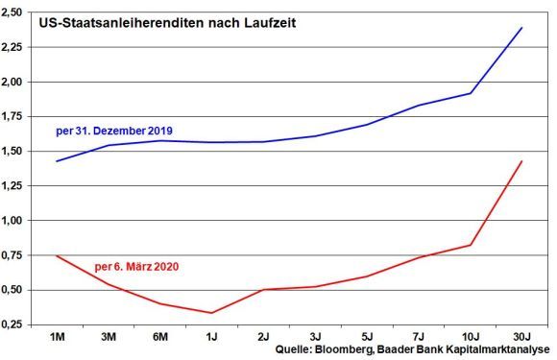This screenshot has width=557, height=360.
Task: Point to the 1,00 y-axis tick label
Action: coord(16,221)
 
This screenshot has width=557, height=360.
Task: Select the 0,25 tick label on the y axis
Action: coord(16,324)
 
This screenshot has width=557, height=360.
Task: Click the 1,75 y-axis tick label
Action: coord(16,116)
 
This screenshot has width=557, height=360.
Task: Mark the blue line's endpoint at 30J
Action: coord(521,28)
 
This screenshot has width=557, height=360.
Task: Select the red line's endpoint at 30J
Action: coord(521,161)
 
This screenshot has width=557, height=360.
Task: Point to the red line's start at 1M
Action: coord(58,255)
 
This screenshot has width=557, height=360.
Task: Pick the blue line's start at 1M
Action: coord(58,161)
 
